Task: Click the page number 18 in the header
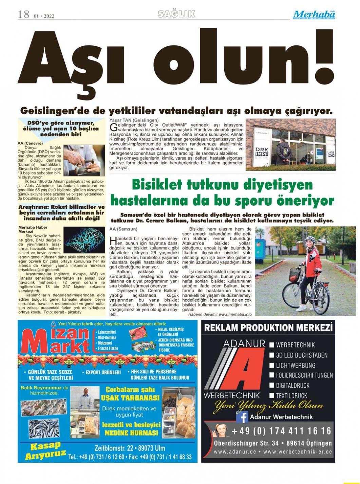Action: tap(24, 15)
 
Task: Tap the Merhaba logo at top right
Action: tap(314, 15)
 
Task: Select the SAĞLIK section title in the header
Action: tap(177, 14)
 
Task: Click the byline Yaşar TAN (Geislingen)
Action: tap(134, 120)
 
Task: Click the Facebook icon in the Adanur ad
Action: tap(242, 416)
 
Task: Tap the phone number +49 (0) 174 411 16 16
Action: tap(281, 431)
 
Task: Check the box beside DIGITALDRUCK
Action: tap(271, 385)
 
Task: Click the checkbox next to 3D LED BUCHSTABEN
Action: tap(271, 355)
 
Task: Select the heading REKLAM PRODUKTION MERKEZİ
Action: tap(268, 328)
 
